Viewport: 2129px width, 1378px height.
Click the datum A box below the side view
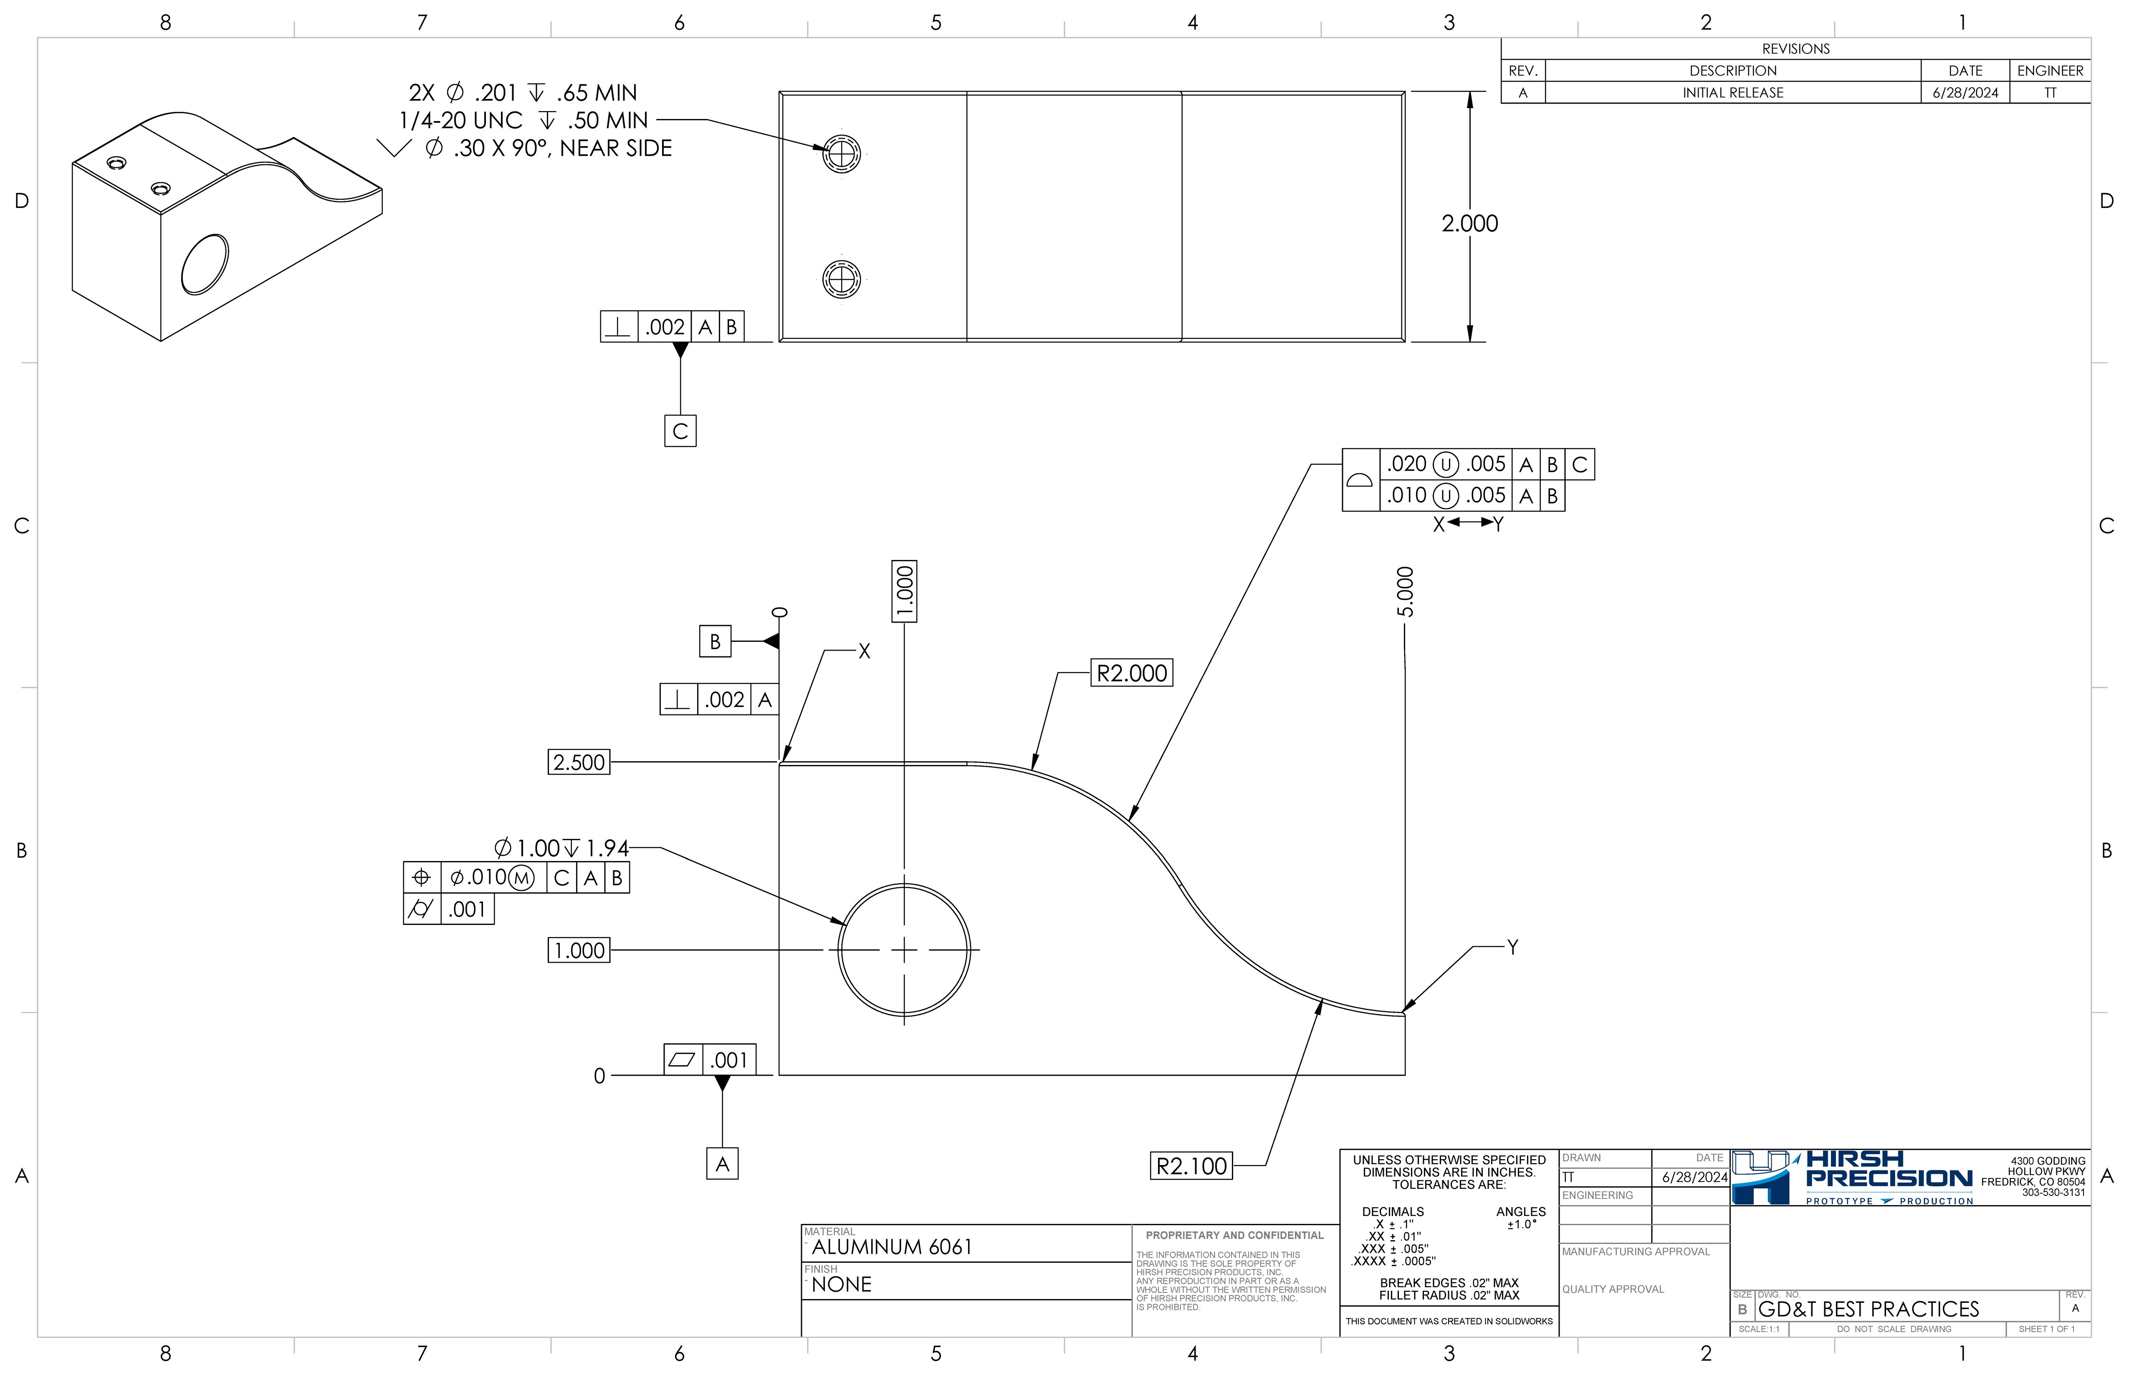click(722, 1163)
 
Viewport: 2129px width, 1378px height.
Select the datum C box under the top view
click(680, 431)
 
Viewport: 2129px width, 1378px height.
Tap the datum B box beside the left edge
click(715, 641)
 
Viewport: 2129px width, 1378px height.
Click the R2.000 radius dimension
click(1132, 673)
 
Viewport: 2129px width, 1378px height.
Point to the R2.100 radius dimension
click(1191, 1166)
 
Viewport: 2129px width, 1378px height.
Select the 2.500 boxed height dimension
click(579, 762)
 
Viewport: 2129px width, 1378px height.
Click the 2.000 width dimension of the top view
click(1469, 224)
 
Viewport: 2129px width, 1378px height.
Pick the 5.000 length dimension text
click(1405, 593)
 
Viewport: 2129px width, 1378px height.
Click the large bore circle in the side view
click(904, 950)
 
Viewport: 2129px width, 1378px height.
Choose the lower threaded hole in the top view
click(842, 280)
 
